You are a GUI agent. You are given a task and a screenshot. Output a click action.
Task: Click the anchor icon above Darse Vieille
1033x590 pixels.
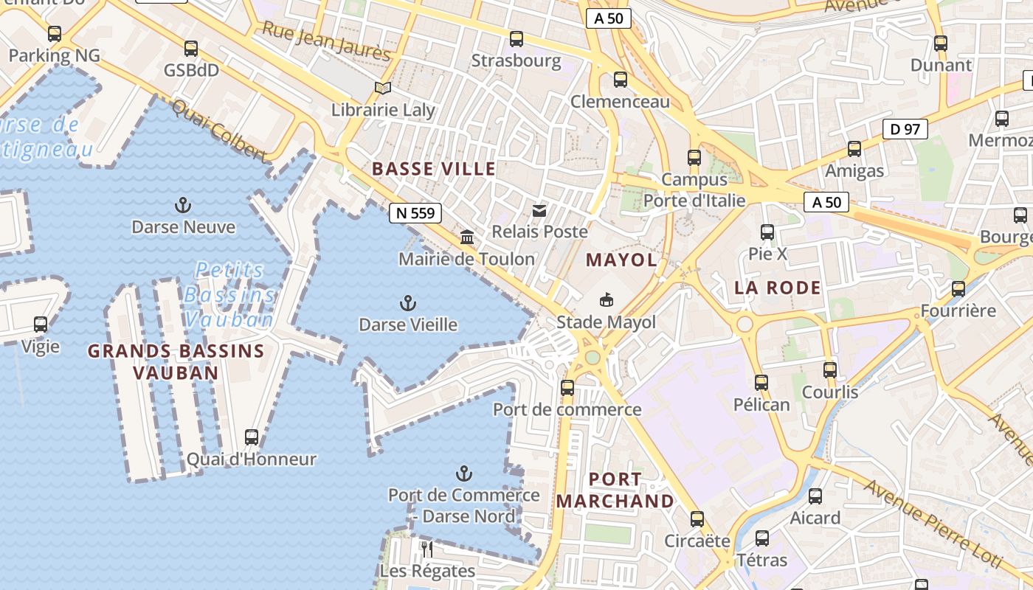pyautogui.click(x=407, y=303)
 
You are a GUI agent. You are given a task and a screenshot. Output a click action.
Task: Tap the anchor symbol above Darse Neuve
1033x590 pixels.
pyautogui.click(x=182, y=205)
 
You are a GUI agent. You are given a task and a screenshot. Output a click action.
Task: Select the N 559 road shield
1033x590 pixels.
pyautogui.click(x=415, y=213)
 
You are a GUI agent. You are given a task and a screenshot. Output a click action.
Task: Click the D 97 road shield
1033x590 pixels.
pyautogui.click(x=905, y=129)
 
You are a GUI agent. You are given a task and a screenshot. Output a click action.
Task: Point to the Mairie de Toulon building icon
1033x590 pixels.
pyautogui.click(x=467, y=237)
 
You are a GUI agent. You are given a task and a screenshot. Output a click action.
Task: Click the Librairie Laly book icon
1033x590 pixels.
pyautogui.click(x=382, y=88)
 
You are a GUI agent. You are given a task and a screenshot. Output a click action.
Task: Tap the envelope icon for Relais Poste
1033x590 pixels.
pyautogui.click(x=540, y=211)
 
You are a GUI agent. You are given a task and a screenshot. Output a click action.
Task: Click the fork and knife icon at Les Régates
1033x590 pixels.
pyautogui.click(x=426, y=549)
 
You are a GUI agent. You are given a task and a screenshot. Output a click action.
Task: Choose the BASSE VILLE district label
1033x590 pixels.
pyautogui.click(x=434, y=169)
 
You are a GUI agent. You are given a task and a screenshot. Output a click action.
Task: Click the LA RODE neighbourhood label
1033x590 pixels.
pyautogui.click(x=778, y=288)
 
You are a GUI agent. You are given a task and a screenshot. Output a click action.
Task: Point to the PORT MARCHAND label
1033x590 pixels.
pyautogui.click(x=615, y=490)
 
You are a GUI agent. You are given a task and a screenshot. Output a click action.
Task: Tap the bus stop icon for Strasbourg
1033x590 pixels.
pyautogui.click(x=516, y=39)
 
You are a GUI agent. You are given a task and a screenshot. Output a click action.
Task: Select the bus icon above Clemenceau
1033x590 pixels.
pyautogui.click(x=621, y=80)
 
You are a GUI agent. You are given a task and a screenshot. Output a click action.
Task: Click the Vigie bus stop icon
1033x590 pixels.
pyautogui.click(x=41, y=324)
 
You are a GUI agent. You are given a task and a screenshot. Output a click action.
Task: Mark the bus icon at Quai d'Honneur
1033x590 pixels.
pyautogui.click(x=252, y=437)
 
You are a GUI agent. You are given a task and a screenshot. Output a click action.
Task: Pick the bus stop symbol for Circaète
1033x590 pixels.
pyautogui.click(x=697, y=519)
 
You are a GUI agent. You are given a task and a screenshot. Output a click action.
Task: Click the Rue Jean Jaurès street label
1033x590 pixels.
pyautogui.click(x=326, y=41)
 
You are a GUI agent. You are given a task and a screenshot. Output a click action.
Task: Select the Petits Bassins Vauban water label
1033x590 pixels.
pyautogui.click(x=229, y=295)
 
